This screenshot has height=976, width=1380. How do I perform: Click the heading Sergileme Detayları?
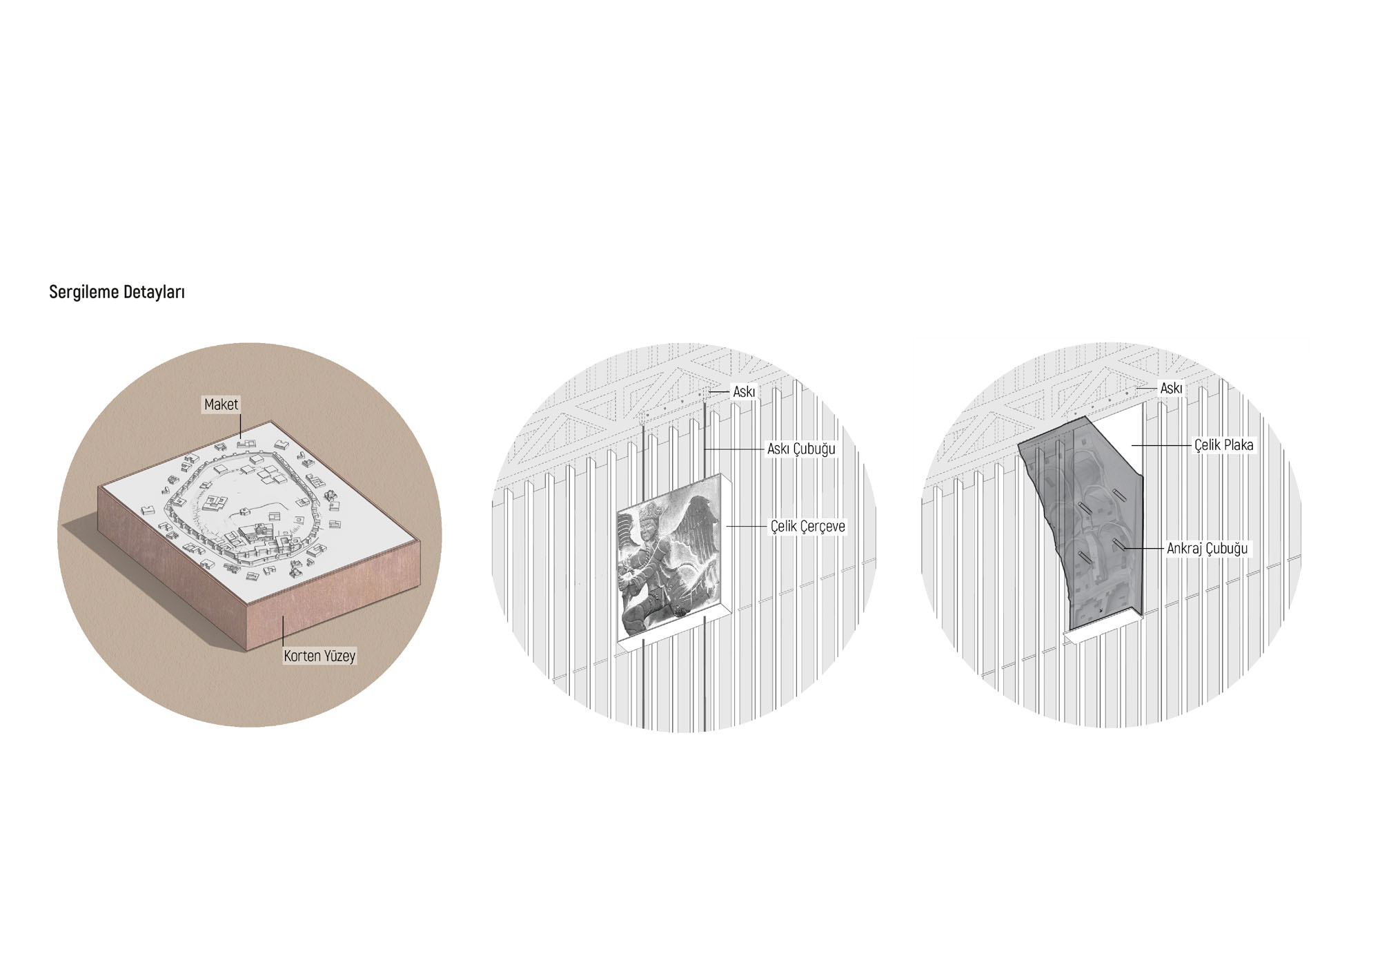pyautogui.click(x=117, y=292)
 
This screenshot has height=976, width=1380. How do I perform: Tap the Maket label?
pyautogui.click(x=221, y=404)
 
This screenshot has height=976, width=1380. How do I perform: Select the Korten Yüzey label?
pyautogui.click(x=319, y=655)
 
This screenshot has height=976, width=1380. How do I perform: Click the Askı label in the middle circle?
pyautogui.click(x=744, y=392)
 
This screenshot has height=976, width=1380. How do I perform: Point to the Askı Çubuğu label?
pyautogui.click(x=801, y=449)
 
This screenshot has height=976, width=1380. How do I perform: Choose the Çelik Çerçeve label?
pyautogui.click(x=807, y=527)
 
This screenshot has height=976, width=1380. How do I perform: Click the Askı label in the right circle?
pyautogui.click(x=1171, y=389)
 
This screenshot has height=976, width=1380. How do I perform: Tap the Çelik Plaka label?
pyautogui.click(x=1223, y=445)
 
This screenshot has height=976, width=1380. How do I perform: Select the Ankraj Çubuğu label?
pyautogui.click(x=1207, y=549)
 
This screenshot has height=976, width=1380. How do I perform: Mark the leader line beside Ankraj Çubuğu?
pyautogui.click(x=1142, y=549)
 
